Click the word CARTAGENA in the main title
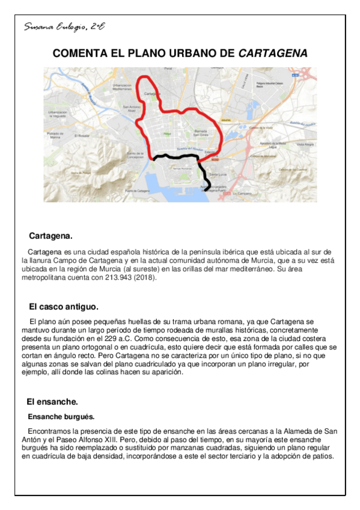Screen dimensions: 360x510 click(273, 54)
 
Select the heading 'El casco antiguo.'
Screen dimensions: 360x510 click(64, 307)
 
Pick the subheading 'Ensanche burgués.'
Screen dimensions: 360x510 click(61, 416)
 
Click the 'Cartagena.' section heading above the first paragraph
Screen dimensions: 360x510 click(50, 236)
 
